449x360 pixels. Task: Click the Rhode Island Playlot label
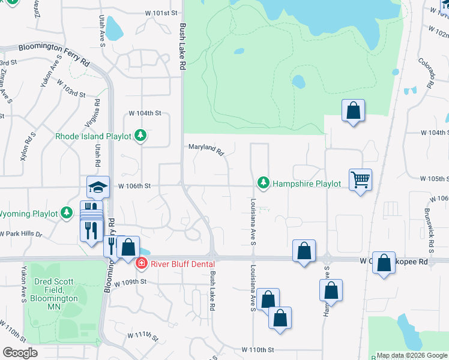point(93,136)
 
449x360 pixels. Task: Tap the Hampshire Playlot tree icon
point(262,182)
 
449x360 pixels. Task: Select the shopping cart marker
point(360,179)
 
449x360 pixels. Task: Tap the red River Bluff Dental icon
point(142,263)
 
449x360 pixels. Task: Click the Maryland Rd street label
point(206,148)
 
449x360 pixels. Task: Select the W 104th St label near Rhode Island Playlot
point(146,113)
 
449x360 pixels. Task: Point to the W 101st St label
point(162,12)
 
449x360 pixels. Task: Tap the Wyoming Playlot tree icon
point(66,214)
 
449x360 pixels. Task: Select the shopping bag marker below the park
point(354,111)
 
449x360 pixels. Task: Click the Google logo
point(20,353)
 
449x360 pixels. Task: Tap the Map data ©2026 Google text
point(411,355)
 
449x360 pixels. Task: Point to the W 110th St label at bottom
point(258,349)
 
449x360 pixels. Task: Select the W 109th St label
point(130,281)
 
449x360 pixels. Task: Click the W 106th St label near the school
point(133,186)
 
